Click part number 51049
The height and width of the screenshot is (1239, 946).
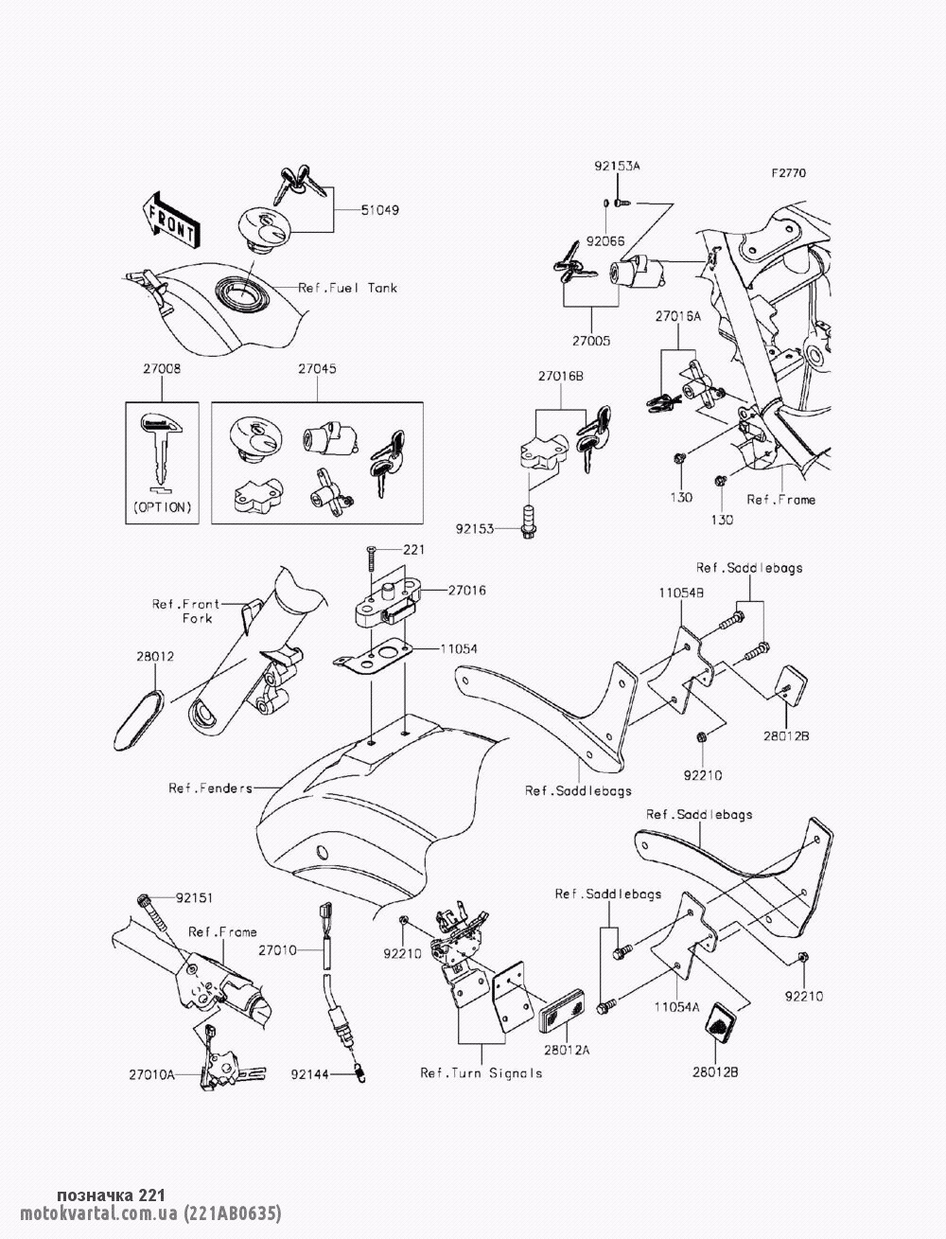tap(354, 210)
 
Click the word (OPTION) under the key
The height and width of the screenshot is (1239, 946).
tap(163, 507)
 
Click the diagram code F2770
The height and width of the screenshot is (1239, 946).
tap(788, 173)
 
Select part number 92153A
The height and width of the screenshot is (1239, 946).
tap(617, 166)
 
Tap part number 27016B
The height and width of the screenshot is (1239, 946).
tap(561, 376)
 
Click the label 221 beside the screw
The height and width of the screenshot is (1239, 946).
tap(414, 549)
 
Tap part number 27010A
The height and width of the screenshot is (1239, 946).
tap(153, 1074)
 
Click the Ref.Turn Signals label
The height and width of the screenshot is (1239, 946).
tap(482, 1072)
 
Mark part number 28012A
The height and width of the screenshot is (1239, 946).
tap(566, 1050)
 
